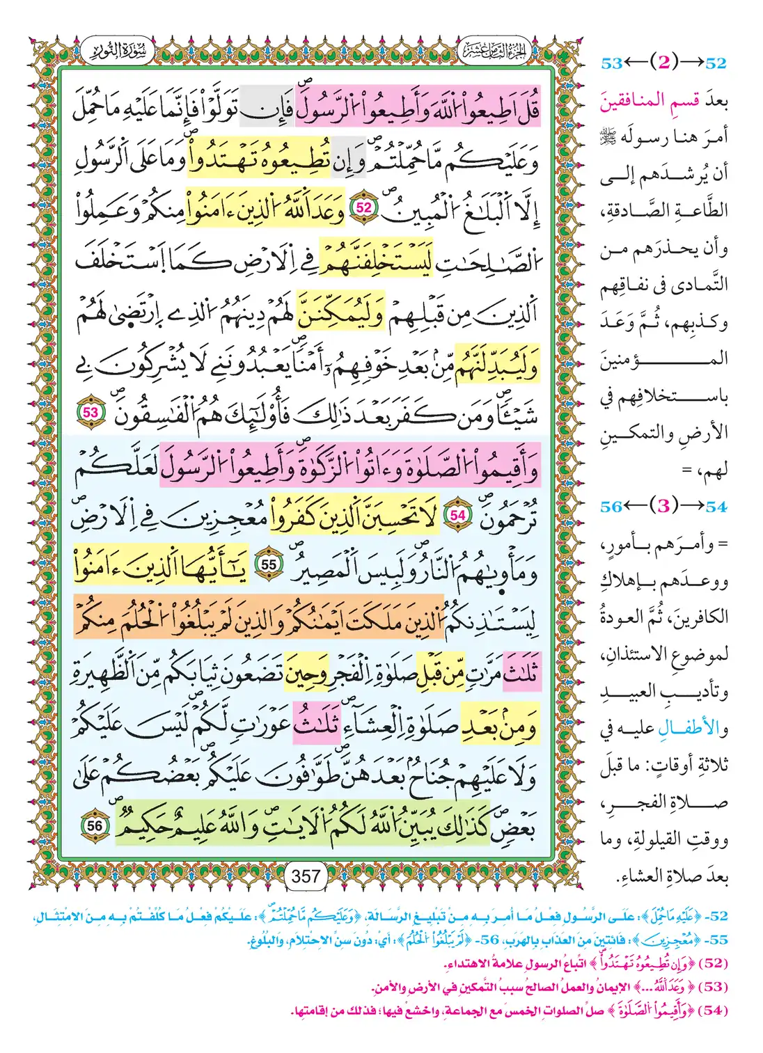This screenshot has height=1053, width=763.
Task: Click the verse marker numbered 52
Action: click(364, 207)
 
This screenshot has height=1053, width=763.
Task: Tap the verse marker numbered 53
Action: click(91, 412)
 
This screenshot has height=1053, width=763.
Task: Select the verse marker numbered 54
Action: click(457, 515)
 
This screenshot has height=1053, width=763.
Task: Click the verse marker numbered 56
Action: click(95, 825)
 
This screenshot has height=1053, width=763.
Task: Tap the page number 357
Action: click(306, 876)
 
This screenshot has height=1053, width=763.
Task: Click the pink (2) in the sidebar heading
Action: click(663, 63)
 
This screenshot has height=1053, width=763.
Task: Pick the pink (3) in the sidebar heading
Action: click(663, 506)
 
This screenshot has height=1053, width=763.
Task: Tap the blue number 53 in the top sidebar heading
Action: click(611, 63)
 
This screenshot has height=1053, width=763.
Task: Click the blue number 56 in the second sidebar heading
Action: click(611, 507)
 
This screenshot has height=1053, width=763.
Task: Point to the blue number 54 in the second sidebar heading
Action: click(716, 507)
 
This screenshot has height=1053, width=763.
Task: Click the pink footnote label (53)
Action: click(712, 987)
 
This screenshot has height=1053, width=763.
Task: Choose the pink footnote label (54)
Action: click(712, 1011)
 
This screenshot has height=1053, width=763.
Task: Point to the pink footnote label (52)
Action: click(712, 964)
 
